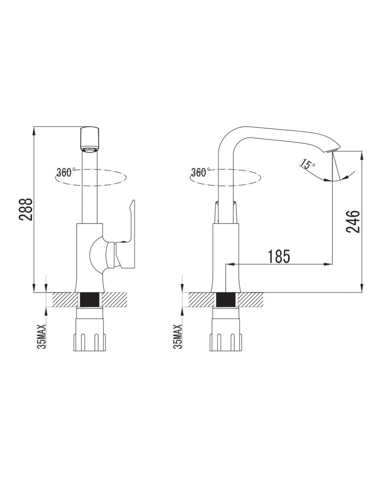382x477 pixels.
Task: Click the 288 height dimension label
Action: point(26,209)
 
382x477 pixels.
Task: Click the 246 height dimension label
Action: point(353,221)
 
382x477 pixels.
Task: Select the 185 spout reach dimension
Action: point(279,256)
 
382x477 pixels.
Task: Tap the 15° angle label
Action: point(308,164)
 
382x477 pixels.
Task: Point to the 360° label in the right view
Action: point(199,172)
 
